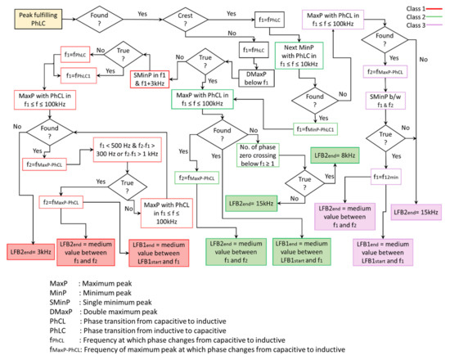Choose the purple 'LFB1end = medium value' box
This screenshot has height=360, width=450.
tap(385, 251)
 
